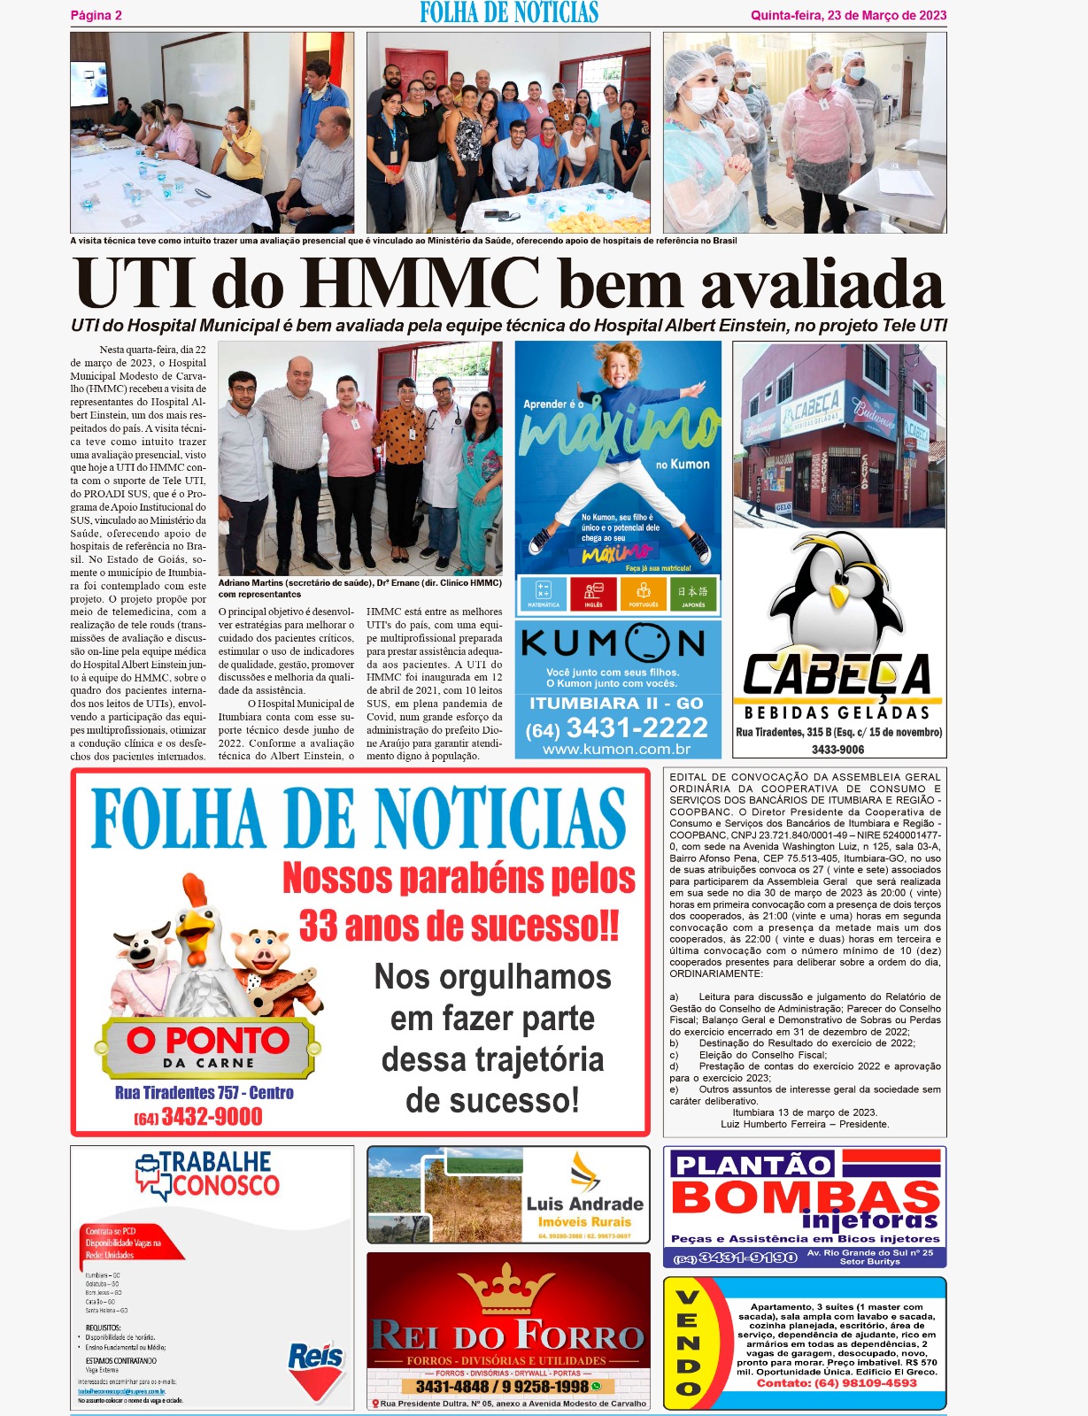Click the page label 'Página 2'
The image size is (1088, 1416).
[96, 15]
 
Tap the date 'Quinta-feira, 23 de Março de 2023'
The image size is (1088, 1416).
[848, 15]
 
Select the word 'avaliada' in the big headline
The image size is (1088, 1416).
[822, 284]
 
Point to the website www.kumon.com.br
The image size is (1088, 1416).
[616, 750]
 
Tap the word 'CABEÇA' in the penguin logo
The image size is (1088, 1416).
[837, 674]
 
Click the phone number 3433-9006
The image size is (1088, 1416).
[838, 750]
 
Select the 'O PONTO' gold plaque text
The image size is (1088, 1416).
[207, 1040]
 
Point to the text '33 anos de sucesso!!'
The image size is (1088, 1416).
[459, 926]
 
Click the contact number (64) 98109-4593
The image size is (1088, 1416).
[837, 1383]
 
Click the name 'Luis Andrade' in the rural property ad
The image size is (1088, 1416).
[584, 1204]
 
